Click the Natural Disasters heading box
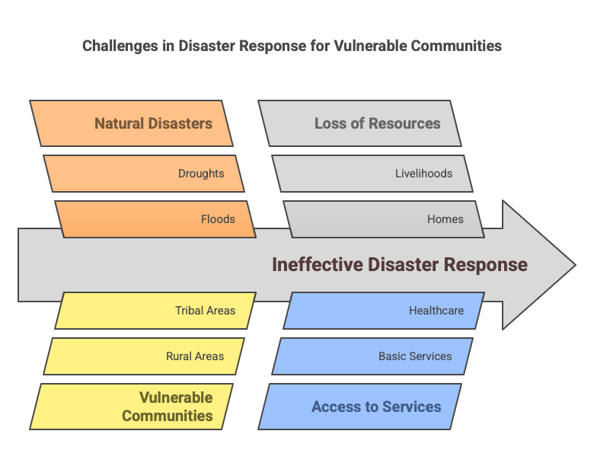click(x=132, y=123)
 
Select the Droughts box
click(x=144, y=173)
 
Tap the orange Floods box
click(x=155, y=219)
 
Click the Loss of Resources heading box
click(x=360, y=123)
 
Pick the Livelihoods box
click(x=372, y=173)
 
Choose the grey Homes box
click(x=384, y=219)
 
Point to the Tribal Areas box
click(x=155, y=311)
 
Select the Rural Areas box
click(x=144, y=356)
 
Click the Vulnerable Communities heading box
click(x=132, y=407)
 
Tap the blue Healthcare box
click(x=384, y=311)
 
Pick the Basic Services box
click(x=372, y=356)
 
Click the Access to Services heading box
click(x=360, y=407)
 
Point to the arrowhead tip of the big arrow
click(x=576, y=265)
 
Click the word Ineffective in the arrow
click(x=318, y=264)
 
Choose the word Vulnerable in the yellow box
click(x=176, y=397)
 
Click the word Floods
click(x=218, y=219)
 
